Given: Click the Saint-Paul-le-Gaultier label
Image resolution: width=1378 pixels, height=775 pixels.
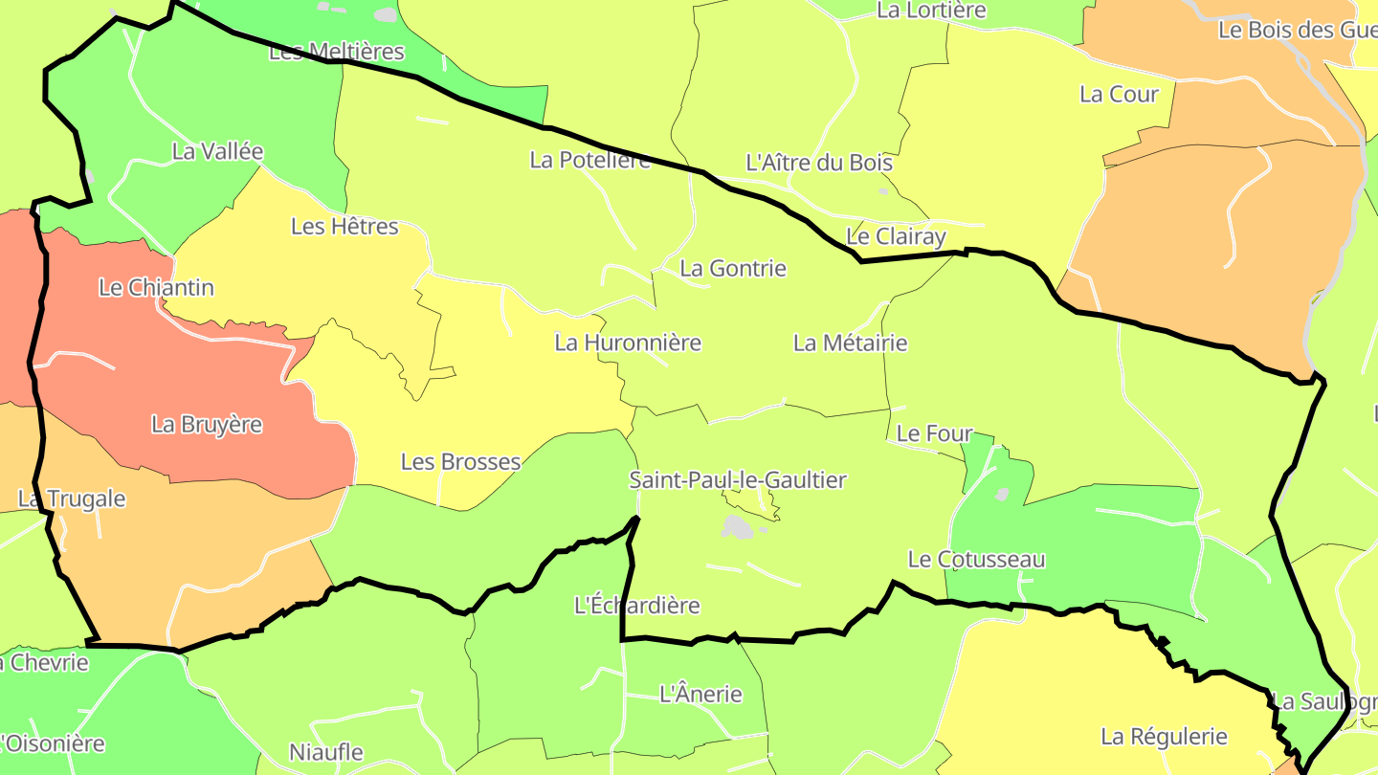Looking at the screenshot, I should click(x=737, y=480).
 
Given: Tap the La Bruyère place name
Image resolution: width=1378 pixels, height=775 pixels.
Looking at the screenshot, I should click(x=207, y=425).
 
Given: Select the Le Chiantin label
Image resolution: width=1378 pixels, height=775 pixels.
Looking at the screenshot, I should click(x=156, y=288).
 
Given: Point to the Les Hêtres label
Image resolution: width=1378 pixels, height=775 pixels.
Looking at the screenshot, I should click(x=344, y=227).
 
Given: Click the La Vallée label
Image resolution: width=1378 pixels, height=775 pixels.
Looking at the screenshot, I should click(x=217, y=151).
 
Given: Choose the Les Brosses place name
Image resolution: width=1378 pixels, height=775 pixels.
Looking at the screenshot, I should click(x=460, y=462).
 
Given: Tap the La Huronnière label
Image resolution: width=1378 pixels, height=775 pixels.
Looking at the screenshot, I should click(x=628, y=343).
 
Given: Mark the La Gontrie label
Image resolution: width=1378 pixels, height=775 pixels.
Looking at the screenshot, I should click(x=733, y=269).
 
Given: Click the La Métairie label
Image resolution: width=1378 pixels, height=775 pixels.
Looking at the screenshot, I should click(x=850, y=343).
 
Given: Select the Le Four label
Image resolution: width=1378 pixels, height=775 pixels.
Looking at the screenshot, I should click(x=934, y=433).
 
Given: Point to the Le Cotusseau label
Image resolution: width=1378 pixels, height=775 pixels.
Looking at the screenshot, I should click(x=976, y=560).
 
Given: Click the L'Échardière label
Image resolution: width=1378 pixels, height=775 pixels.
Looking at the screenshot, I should click(x=636, y=606).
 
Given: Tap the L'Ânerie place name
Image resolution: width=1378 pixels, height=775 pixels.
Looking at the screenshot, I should click(x=700, y=694).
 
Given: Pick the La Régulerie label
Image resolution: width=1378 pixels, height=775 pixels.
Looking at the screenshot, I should click(x=1164, y=737).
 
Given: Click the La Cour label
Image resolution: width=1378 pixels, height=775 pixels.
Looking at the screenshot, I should click(x=1119, y=95).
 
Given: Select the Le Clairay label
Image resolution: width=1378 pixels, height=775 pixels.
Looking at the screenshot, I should click(x=896, y=236).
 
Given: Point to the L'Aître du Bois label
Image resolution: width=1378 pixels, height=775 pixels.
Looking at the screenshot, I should click(x=819, y=163).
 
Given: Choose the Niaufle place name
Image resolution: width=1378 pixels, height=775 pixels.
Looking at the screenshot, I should click(x=326, y=752).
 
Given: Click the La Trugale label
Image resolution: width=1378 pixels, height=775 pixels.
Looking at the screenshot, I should click(x=72, y=499).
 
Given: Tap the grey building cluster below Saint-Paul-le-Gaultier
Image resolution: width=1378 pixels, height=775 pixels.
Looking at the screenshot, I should click(x=737, y=526).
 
